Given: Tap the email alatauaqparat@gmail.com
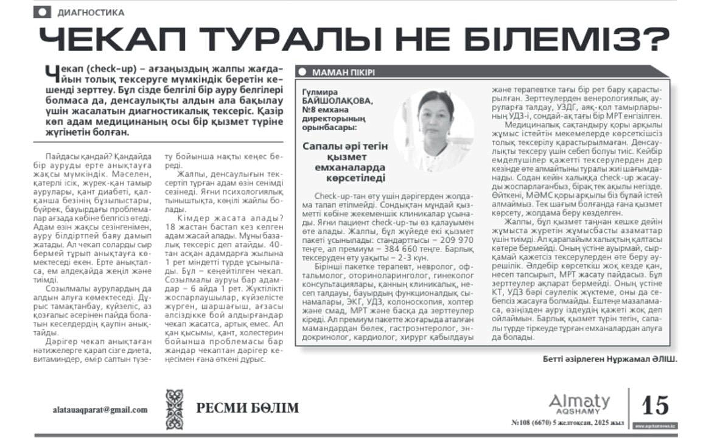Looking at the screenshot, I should (x=100, y=410).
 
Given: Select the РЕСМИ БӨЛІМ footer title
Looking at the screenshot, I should (x=247, y=408).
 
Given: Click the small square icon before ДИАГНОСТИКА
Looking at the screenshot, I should (x=42, y=12).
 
